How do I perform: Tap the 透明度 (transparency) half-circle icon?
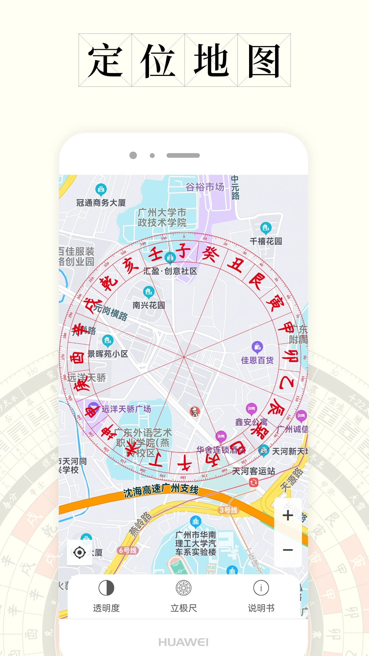[106, 588]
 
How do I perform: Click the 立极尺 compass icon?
[183, 588]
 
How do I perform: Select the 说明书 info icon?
[261, 588]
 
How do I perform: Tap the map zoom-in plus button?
[288, 515]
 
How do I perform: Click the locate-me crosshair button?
[80, 552]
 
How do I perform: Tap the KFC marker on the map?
[195, 411]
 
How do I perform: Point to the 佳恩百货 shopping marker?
[257, 347]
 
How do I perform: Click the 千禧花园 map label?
[266, 241]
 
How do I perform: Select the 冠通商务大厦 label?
[101, 203]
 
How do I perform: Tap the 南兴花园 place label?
[149, 305]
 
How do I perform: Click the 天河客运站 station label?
[254, 471]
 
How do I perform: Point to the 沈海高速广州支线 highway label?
[161, 490]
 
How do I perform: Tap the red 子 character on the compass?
[183, 251]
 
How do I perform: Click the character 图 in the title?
[264, 60]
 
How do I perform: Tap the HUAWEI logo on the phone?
[183, 642]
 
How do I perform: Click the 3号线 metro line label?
[228, 510]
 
